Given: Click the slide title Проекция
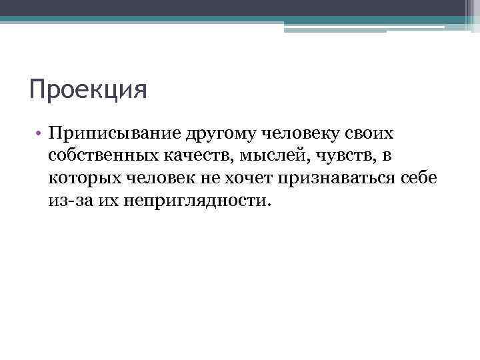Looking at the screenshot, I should click(88, 89).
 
